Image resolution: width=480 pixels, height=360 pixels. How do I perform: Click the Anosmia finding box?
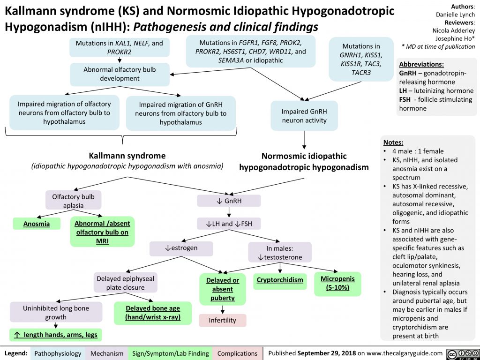37,224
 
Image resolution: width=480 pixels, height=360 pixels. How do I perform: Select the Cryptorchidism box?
280,280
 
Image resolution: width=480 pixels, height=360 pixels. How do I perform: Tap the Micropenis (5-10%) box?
337,283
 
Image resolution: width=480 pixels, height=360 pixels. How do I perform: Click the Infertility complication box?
222,321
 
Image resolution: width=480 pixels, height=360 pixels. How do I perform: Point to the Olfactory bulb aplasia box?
74,201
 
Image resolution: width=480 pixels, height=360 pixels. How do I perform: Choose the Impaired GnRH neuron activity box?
304,116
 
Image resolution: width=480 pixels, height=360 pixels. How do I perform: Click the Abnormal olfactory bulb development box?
120,74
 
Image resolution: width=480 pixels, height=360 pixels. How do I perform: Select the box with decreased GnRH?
229,201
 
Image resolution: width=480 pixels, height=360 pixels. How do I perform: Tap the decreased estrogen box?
181,248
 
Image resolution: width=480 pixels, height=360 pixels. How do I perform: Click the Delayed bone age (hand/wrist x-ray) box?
152,313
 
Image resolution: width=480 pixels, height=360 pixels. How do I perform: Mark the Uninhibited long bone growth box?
56,313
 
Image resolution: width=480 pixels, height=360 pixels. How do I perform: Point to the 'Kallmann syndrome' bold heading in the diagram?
127,155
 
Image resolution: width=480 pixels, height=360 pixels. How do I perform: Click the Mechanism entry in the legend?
107,353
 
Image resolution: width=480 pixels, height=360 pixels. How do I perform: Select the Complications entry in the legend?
237,353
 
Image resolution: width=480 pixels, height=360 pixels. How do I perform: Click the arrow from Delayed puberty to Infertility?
222,308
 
